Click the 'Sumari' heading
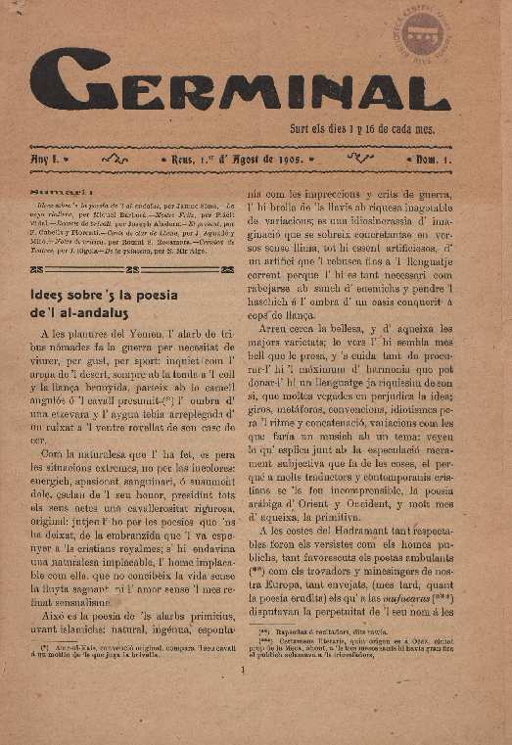tap(56, 194)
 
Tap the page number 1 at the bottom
tap(242, 672)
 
